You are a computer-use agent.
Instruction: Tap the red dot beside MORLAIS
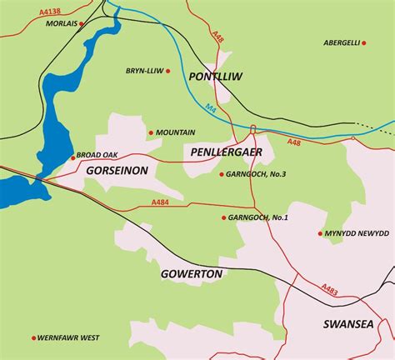(82, 23)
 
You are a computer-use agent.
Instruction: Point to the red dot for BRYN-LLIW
(168, 71)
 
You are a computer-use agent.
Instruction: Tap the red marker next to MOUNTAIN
(151, 132)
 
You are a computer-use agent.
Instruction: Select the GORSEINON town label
(117, 170)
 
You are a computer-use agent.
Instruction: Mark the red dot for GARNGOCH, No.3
(222, 174)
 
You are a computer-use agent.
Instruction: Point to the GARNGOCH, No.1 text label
(258, 217)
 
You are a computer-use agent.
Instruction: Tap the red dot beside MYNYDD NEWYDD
(320, 233)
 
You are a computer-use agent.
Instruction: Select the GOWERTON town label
(192, 273)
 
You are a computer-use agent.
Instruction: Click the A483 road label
(331, 289)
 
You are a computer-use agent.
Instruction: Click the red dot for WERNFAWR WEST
(33, 337)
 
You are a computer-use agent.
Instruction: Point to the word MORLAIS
(58, 23)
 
